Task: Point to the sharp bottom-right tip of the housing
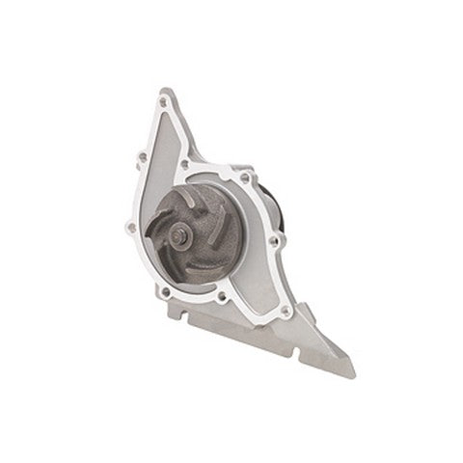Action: coord(353,374)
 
